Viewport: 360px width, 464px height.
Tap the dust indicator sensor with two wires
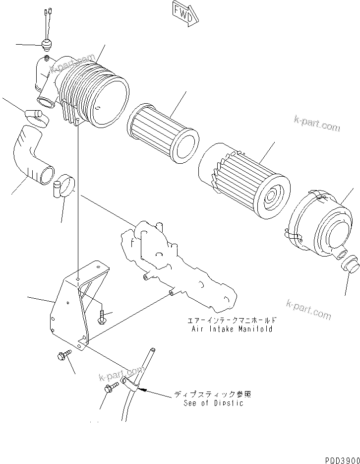pos(47,44)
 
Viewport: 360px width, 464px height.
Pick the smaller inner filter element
pos(163,133)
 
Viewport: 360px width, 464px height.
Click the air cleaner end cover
pos(322,221)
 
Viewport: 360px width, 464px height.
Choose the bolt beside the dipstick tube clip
pos(111,388)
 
